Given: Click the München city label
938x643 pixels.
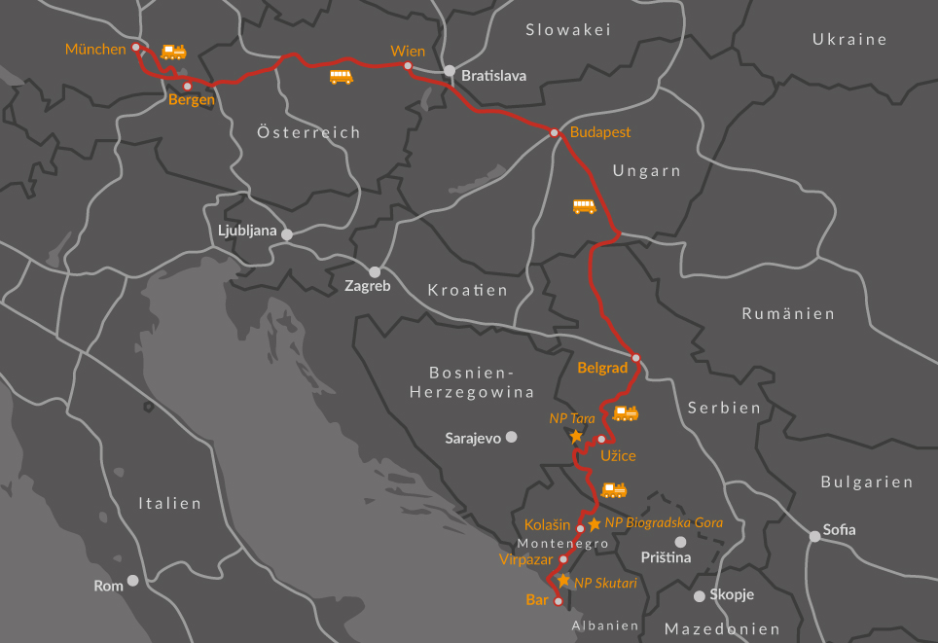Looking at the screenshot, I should point(95,49).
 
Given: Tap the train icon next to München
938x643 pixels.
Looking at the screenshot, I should point(173,52).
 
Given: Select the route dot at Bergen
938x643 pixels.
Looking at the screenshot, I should point(188,87).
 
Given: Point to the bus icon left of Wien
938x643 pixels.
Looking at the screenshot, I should point(341,77).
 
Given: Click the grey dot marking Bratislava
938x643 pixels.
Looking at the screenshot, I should point(450,71).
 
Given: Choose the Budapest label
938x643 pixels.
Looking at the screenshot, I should point(600,132).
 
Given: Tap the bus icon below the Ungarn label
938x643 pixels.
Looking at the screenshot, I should point(584,206).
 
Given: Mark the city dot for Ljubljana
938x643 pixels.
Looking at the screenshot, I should point(286,234).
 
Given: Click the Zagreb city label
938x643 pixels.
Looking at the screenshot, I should point(367,287).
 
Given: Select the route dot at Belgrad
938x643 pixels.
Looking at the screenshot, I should point(636,358).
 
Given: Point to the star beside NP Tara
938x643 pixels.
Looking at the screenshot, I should point(576,436).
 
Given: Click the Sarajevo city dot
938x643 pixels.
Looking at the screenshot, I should point(511,438).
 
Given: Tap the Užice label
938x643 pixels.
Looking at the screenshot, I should point(618,455).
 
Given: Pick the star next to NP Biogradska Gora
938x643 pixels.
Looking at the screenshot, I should point(595,523).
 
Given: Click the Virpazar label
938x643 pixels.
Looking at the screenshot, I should point(525,559).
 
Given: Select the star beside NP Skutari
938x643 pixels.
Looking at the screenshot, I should point(563,580).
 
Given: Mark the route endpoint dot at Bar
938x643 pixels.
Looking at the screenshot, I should point(558,601).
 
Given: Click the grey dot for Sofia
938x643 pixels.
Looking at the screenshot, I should point(814,536).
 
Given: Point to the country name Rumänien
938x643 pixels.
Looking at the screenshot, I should point(788,313).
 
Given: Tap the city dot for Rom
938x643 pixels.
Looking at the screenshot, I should point(132,580).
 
